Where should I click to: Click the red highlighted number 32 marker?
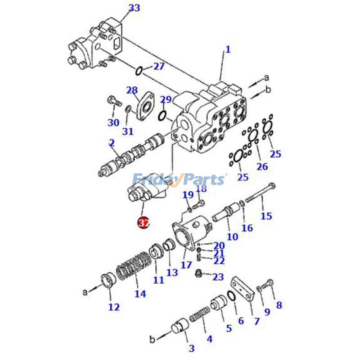click(144, 223)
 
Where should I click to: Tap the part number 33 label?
click(134, 8)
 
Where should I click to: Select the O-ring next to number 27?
click(139, 70)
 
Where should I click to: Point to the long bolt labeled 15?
click(260, 195)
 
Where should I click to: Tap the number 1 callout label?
click(228, 49)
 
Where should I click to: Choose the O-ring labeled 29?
click(163, 116)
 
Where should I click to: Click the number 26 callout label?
click(262, 166)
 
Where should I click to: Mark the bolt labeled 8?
click(269, 283)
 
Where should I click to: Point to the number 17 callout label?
click(186, 265)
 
